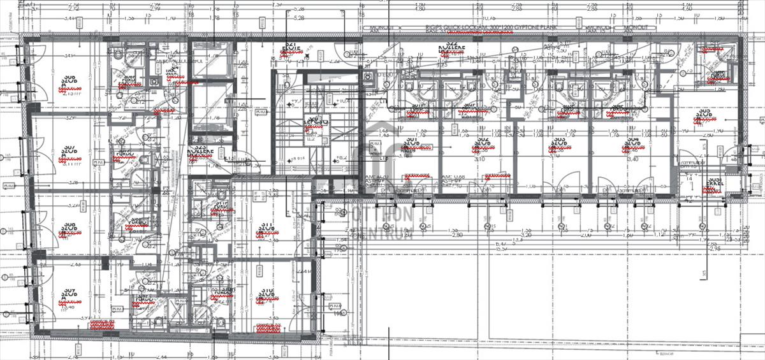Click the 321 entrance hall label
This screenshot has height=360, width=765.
pyautogui.click(x=293, y=48)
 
